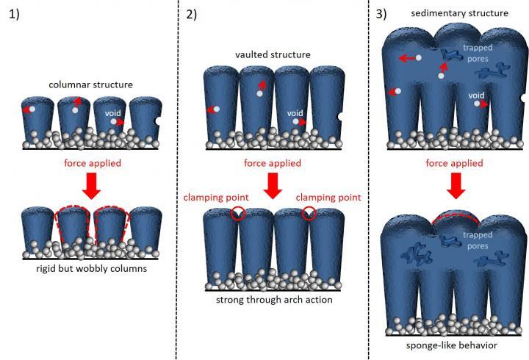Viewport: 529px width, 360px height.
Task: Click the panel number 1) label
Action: pyautogui.click(x=15, y=15)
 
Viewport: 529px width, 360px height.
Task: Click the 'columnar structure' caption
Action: pyautogui.click(x=90, y=84)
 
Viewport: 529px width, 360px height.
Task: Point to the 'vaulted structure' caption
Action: pyautogui.click(x=272, y=55)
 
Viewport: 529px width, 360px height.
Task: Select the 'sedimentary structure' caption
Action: pyautogui.click(x=450, y=13)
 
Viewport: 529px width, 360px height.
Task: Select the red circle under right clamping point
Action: pyautogui.click(x=309, y=214)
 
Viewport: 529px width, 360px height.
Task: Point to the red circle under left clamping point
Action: pyautogui.click(x=237, y=214)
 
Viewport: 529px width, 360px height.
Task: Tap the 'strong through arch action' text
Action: pyautogui.click(x=273, y=300)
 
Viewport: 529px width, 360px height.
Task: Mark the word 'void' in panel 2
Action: pyautogui.click(x=295, y=112)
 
